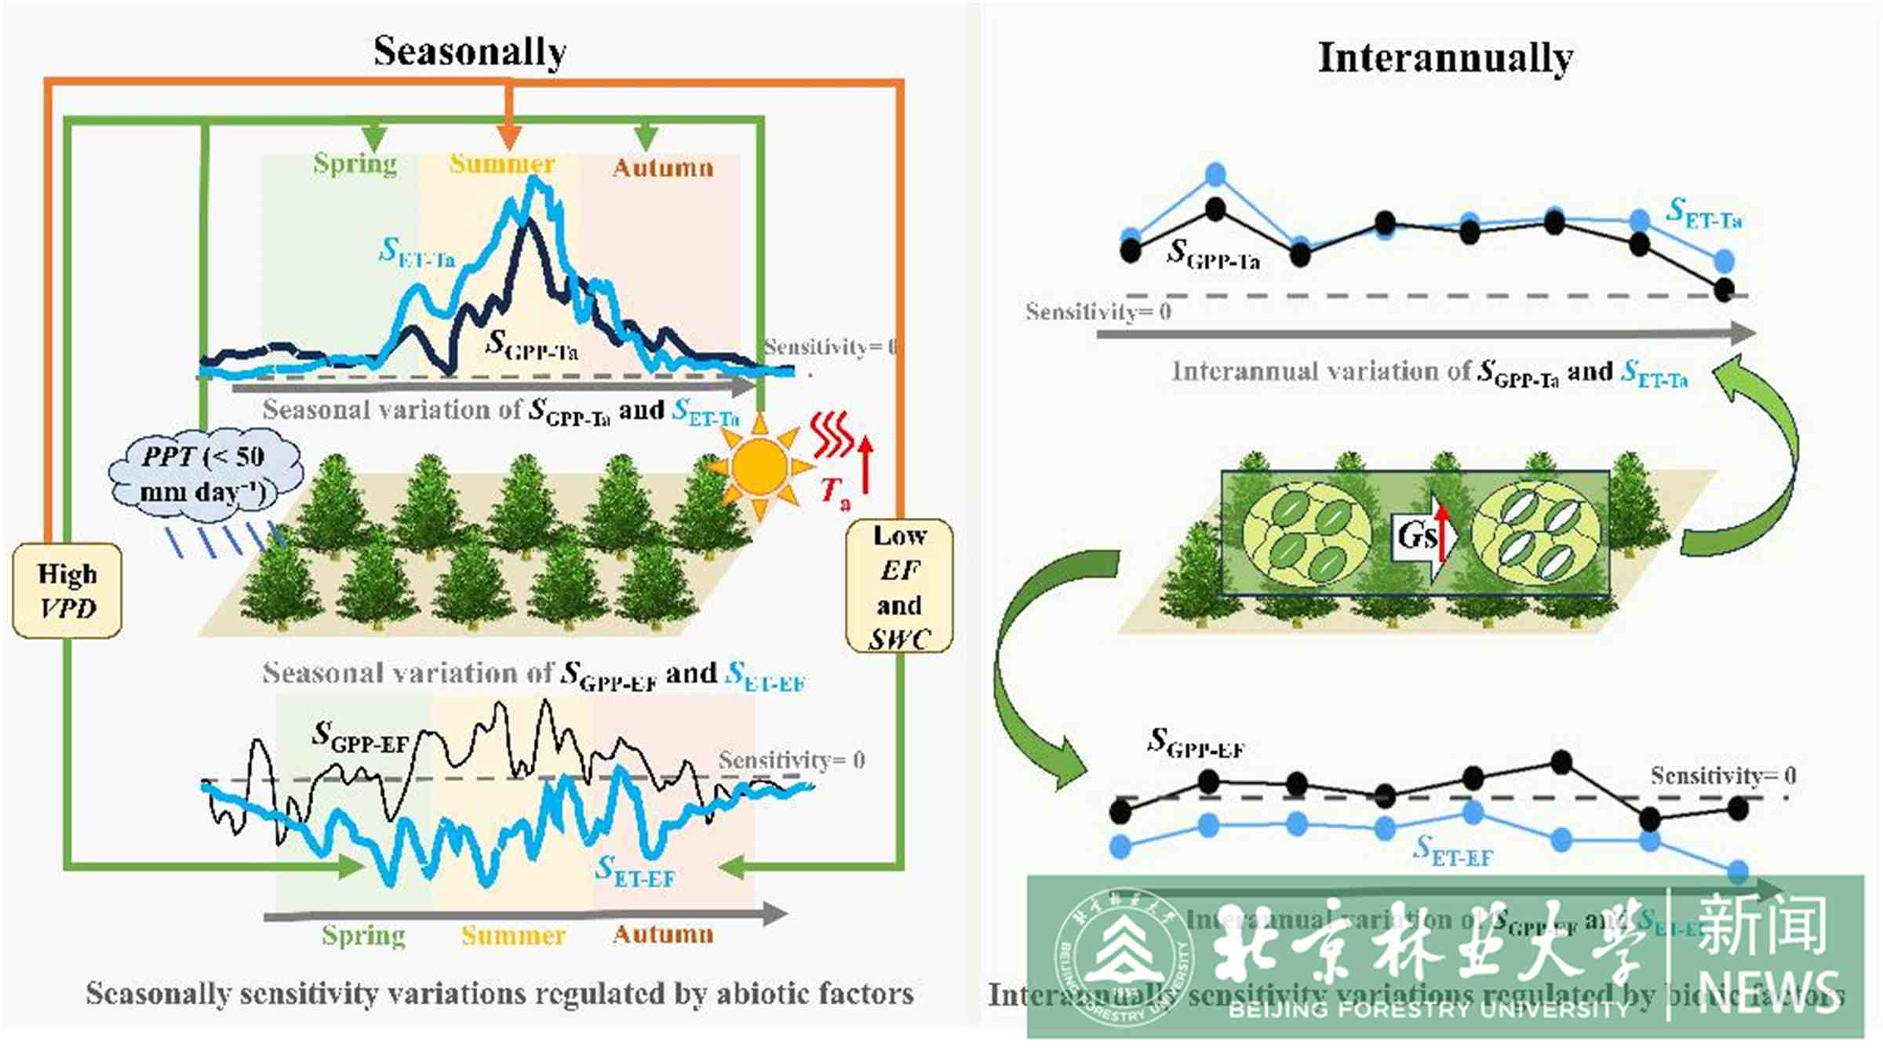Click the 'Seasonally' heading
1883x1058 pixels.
pyautogui.click(x=469, y=52)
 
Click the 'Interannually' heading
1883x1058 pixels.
pyautogui.click(x=1445, y=58)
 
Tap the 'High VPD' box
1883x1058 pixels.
pyautogui.click(x=67, y=591)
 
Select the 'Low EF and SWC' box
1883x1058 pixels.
pyautogui.click(x=899, y=587)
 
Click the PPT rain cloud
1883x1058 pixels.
pyautogui.click(x=206, y=475)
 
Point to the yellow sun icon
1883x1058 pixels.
pyautogui.click(x=759, y=467)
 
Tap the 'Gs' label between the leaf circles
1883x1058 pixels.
pyautogui.click(x=1416, y=536)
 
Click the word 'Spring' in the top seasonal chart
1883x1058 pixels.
pyautogui.click(x=355, y=164)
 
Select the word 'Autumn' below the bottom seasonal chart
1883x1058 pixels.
pyautogui.click(x=663, y=934)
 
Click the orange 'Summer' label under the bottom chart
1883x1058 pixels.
pyautogui.click(x=513, y=935)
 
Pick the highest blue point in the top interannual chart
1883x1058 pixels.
pyautogui.click(x=1215, y=174)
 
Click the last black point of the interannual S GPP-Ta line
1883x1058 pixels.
pyautogui.click(x=1724, y=290)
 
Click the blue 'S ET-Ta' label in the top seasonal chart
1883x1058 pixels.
pyautogui.click(x=417, y=252)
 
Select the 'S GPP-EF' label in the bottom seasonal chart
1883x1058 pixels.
pyautogui.click(x=360, y=736)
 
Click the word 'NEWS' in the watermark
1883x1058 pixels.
pyautogui.click(x=1768, y=993)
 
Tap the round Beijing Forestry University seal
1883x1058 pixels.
pyautogui.click(x=1123, y=958)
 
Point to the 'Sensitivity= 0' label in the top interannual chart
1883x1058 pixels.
pyautogui.click(x=1098, y=312)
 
